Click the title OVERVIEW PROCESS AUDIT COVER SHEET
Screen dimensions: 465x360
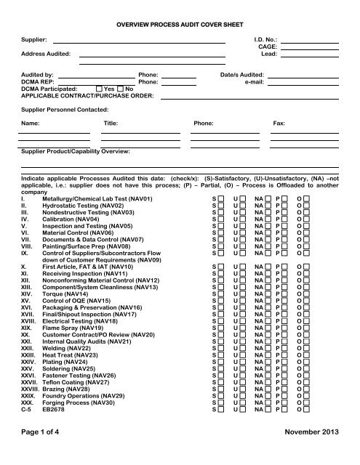[180, 25]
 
